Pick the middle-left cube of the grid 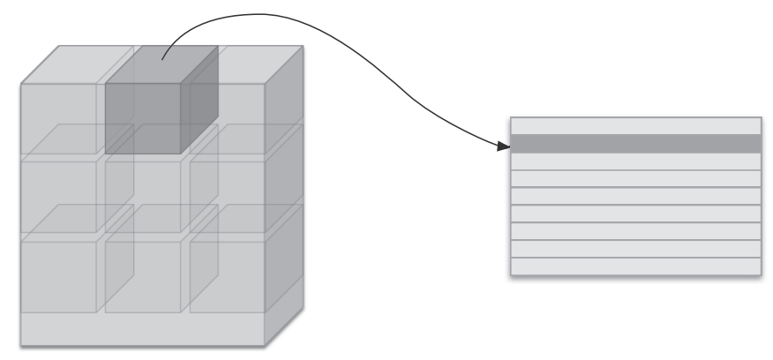[x=58, y=196]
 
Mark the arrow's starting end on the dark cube [x=161, y=60]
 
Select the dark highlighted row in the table [x=635, y=144]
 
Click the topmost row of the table [x=635, y=125]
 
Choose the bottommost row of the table [x=635, y=266]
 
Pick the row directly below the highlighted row [x=635, y=161]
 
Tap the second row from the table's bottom [x=635, y=249]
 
